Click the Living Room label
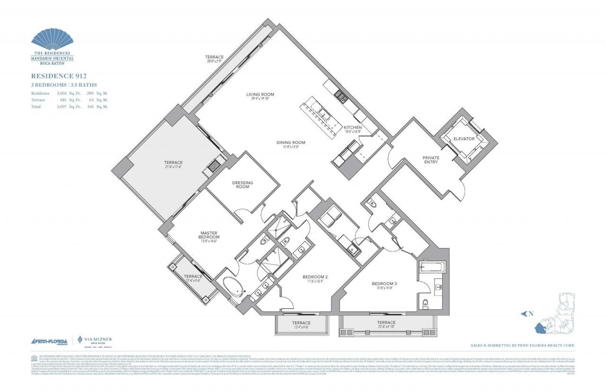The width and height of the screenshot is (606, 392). [x=260, y=95]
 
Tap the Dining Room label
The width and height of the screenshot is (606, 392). [x=291, y=143]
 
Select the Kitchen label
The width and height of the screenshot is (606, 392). [x=353, y=127]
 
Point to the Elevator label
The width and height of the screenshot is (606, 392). [x=464, y=139]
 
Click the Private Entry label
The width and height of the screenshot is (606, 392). [x=431, y=160]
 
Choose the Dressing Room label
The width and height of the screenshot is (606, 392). [x=242, y=185]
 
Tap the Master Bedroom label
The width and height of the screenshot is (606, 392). [x=209, y=235]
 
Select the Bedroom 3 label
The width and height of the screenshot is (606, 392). [x=383, y=284]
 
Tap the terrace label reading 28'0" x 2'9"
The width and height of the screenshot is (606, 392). [x=214, y=57]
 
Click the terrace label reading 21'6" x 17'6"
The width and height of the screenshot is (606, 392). [x=173, y=162]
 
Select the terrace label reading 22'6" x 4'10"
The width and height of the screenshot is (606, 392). [x=386, y=322]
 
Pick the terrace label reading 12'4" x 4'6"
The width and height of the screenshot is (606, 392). [x=301, y=323]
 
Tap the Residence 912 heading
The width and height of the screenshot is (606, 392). [x=59, y=76]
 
